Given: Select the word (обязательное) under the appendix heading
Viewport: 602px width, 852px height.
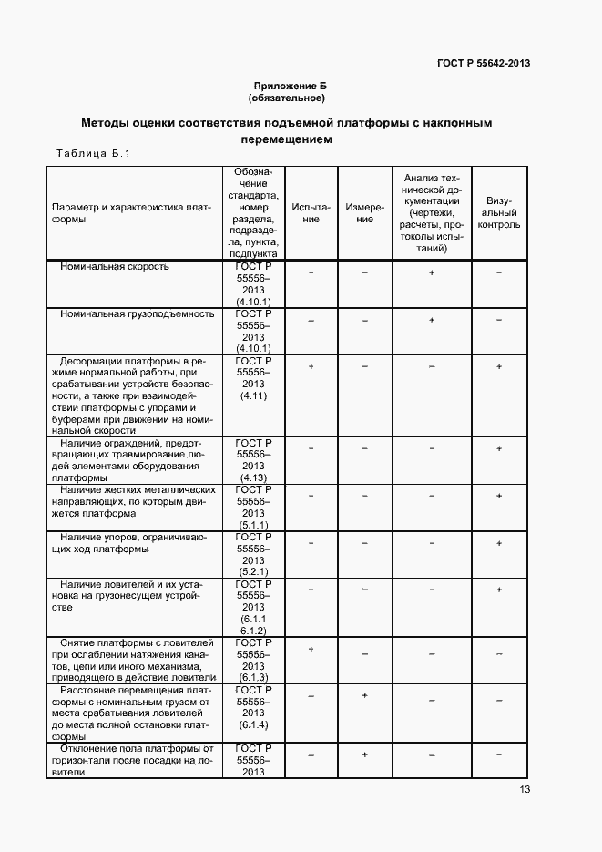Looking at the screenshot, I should pos(287,97).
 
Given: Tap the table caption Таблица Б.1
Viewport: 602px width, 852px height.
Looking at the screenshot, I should pos(94,153).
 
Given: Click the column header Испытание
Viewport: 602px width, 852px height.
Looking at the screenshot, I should pos(311,213).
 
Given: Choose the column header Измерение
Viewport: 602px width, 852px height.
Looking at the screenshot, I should pos(364,213).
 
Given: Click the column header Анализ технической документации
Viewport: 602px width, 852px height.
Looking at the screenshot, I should pos(432,212).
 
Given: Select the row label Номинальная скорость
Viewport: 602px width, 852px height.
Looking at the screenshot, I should pos(115,267).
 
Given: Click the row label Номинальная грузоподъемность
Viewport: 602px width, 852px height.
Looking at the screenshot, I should pos(137,313).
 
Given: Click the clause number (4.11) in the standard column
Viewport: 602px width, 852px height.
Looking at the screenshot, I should pos(252,396).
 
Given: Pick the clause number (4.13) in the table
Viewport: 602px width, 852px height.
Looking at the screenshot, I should pos(252,477).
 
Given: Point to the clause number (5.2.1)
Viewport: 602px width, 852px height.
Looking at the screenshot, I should pos(252,570).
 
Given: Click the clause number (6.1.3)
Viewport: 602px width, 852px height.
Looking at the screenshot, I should pos(252,678).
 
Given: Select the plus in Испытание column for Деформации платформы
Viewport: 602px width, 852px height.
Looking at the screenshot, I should pos(311,366).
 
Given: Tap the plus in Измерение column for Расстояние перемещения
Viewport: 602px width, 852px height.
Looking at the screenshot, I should pos(364,696).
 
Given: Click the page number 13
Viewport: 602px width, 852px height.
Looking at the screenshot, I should pos(525,790).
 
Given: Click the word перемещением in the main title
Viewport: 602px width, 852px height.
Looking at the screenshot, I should pos(287,139).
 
